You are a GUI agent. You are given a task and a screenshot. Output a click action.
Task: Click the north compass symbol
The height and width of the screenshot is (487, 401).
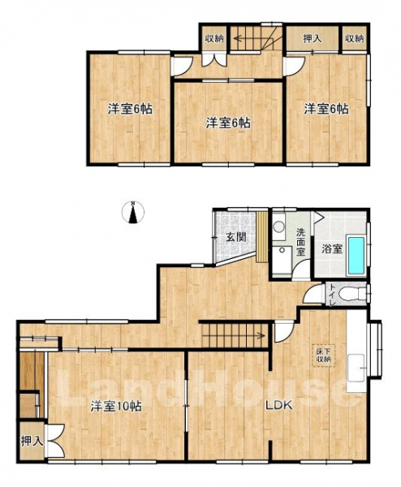point(132,213)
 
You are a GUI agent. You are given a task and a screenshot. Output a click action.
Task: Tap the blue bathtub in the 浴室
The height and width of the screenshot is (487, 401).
point(356,255)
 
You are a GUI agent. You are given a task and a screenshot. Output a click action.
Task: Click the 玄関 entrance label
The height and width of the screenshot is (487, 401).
point(236,237)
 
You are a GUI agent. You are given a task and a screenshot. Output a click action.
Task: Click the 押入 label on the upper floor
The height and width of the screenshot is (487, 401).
point(313,38)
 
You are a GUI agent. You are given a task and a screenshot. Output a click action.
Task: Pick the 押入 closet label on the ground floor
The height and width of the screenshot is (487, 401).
point(32,441)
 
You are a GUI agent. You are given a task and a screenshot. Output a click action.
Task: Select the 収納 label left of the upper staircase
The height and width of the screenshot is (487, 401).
point(214,38)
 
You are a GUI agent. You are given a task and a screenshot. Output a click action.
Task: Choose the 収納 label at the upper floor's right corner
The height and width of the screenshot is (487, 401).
point(355,38)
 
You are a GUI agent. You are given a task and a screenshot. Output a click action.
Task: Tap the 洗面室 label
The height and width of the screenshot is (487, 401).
point(300,241)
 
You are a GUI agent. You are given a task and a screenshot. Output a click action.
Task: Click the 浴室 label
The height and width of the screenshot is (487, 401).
point(332,249)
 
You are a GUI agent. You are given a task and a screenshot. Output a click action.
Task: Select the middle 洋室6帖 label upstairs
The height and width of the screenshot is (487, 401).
point(228,123)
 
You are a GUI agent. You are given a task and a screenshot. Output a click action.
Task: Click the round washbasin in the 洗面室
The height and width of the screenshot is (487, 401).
point(279,226)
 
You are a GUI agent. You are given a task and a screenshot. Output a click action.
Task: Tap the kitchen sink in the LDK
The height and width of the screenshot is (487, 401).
point(356,368)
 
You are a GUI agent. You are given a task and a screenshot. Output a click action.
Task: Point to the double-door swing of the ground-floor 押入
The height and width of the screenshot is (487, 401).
point(55,441)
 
